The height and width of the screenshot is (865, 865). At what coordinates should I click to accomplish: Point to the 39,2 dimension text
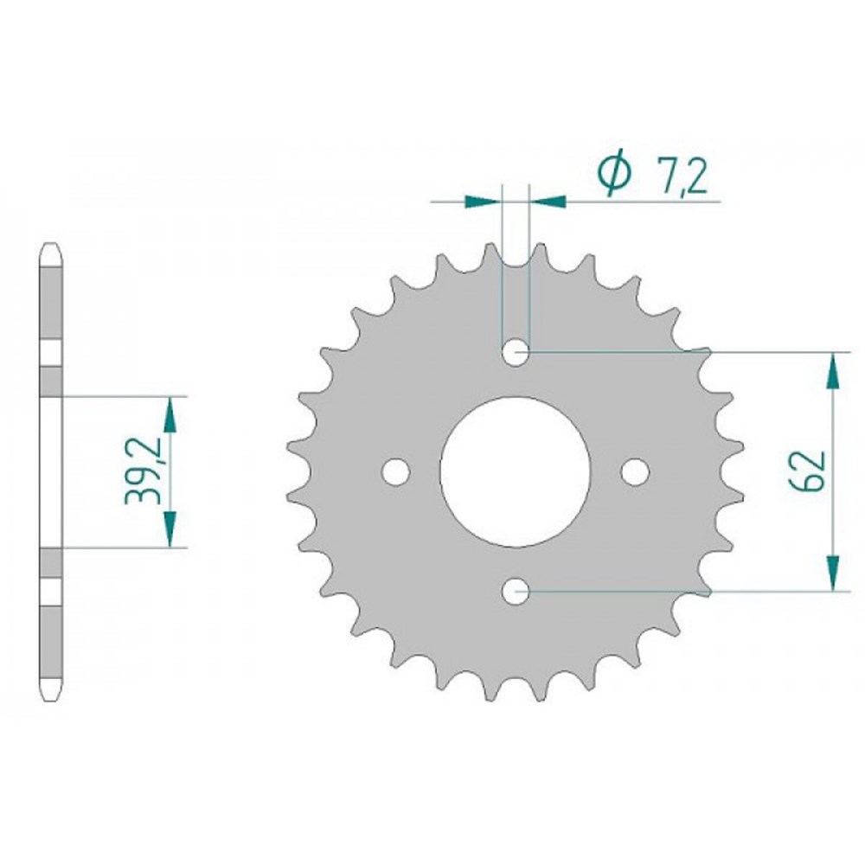[x=138, y=471]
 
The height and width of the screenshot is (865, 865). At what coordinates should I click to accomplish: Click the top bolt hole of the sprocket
[x=516, y=351]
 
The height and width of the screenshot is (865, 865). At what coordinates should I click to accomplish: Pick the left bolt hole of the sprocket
[x=396, y=471]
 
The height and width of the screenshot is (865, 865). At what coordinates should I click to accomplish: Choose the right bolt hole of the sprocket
[x=635, y=471]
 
